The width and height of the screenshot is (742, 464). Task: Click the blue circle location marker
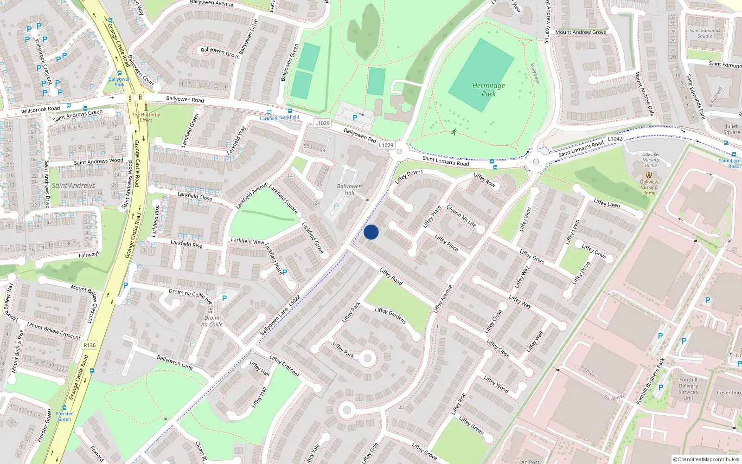371,232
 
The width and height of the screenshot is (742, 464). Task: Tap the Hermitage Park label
488,90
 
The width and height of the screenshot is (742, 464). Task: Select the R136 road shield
90,345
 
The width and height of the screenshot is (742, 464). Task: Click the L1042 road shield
615,139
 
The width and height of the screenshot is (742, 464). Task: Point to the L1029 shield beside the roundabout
386,145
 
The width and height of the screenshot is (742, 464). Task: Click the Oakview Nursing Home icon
649,175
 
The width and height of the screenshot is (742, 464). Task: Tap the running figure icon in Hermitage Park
454,132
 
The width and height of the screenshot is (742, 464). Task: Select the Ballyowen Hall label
349,189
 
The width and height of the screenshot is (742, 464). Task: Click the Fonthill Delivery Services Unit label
688,389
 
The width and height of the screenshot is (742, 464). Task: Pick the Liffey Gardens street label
390,316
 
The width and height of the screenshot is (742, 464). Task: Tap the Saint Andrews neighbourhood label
73,186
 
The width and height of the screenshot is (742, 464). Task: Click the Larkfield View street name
248,241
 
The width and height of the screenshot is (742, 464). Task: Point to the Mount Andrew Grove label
581,32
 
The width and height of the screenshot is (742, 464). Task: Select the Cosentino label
729,393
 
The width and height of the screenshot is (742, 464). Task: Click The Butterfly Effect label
146,117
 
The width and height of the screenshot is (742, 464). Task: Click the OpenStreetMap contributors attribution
706,459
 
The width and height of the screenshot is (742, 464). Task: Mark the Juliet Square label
731,129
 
